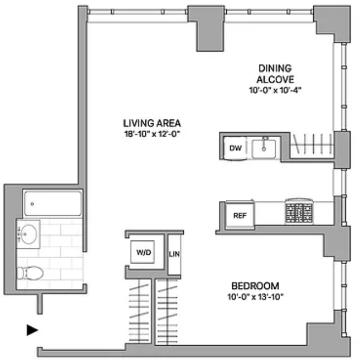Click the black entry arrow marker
[x=32, y=330]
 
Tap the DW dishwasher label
[x=236, y=148]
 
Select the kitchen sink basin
[x=264, y=149]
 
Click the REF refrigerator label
[x=239, y=216]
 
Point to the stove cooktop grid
[x=299, y=212]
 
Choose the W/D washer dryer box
[x=143, y=252]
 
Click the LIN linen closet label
[x=174, y=254]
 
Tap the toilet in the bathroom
[x=30, y=273]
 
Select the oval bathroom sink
[x=29, y=234]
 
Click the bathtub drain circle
[x=32, y=204]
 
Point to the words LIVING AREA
[x=152, y=123]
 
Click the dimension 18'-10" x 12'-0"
[x=151, y=134]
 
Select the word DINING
[x=275, y=68]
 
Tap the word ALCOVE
[x=275, y=79]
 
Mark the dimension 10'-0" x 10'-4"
[x=275, y=90]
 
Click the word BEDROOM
[x=255, y=286]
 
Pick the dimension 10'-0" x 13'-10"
[x=255, y=297]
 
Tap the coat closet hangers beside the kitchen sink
[x=312, y=144]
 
